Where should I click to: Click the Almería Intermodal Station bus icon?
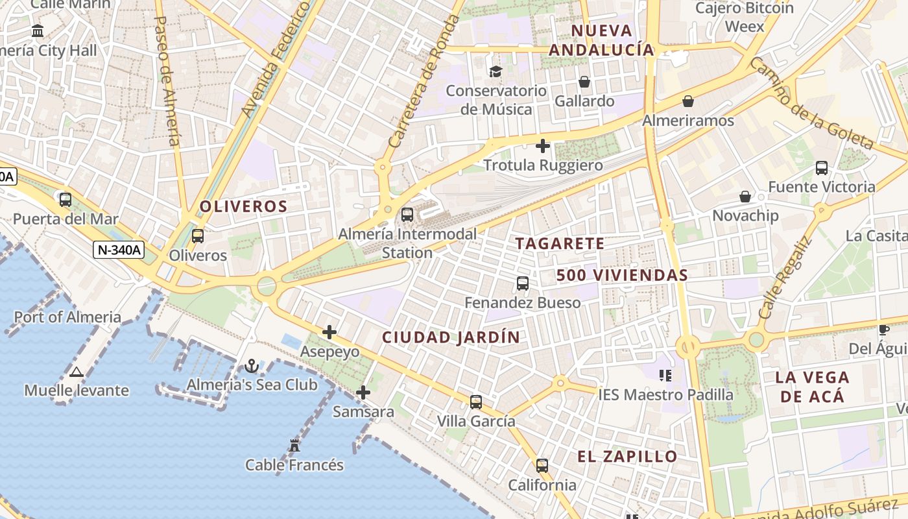407,214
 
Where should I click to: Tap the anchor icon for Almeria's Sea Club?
252,367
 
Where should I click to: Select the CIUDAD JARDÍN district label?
451,337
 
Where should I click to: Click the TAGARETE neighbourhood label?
560,244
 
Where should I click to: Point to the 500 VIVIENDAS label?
622,275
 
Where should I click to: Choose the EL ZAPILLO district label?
627,456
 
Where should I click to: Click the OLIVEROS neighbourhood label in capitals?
243,207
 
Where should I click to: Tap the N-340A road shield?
118,250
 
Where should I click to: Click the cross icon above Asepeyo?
329,332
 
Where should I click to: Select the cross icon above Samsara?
363,392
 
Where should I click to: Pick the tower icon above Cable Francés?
294,446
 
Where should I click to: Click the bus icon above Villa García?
476,402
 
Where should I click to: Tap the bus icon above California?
542,466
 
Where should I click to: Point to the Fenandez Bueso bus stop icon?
523,284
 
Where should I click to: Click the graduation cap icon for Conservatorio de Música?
496,71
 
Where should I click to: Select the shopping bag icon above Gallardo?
584,82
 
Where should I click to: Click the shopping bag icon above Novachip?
745,196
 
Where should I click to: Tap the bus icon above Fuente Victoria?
822,168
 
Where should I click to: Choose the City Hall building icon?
38,30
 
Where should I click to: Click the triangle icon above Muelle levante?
77,372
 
